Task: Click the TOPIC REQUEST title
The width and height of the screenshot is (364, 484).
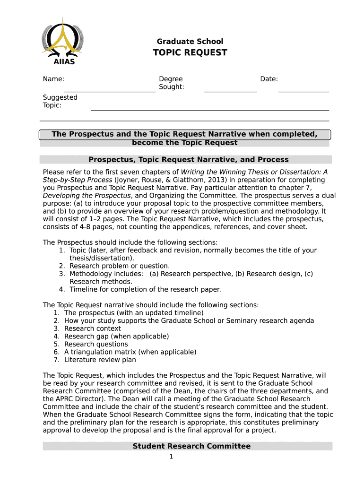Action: [190, 52]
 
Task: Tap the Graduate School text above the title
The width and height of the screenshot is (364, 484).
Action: [190, 42]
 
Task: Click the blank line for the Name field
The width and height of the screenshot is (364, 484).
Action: [110, 91]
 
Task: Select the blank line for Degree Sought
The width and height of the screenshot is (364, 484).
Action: [230, 91]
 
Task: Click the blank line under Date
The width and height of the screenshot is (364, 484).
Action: [303, 91]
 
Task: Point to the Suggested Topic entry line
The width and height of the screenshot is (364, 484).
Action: [209, 110]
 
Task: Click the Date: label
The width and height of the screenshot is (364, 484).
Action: [269, 79]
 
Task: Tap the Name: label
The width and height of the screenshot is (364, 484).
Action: [53, 79]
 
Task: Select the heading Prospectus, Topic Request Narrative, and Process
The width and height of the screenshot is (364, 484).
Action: [188, 160]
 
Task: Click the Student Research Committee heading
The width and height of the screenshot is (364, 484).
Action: [191, 446]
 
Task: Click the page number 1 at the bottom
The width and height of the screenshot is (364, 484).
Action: [172, 457]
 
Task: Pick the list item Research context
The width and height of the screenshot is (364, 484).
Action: [92, 328]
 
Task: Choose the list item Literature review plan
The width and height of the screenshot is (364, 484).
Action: [100, 360]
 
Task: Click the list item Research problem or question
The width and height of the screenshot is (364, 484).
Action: [119, 266]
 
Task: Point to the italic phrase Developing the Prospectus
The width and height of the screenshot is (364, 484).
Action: [87, 196]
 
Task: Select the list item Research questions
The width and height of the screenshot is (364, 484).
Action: [96, 344]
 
